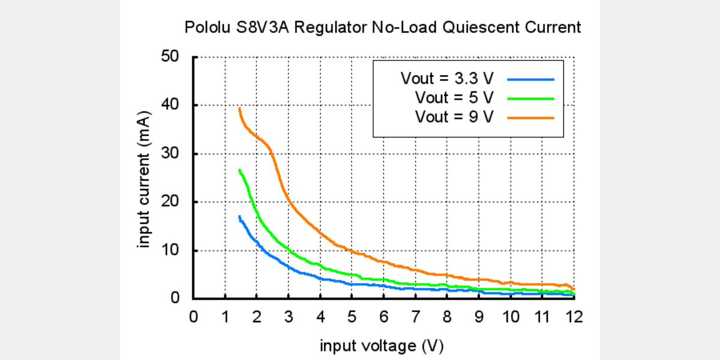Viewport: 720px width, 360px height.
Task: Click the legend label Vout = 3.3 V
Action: click(x=448, y=79)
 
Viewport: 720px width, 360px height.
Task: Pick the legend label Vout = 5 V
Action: click(x=454, y=97)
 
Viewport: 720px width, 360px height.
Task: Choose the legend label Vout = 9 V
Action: click(x=454, y=117)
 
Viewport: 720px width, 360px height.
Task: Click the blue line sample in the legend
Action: click(x=530, y=79)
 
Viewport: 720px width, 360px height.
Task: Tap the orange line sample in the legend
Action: click(x=530, y=118)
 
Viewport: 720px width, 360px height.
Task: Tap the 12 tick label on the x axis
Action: click(x=574, y=316)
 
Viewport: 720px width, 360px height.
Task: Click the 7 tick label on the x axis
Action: click(x=415, y=316)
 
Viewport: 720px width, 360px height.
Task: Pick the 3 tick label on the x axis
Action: click(x=289, y=316)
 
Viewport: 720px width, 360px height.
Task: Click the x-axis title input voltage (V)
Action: click(x=382, y=346)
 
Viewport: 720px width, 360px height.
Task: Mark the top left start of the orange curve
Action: click(x=239, y=109)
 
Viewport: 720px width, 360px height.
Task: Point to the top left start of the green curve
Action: click(x=240, y=170)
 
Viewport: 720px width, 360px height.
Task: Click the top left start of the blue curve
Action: click(x=240, y=217)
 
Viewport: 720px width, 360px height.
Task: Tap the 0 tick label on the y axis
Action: click(x=175, y=298)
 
